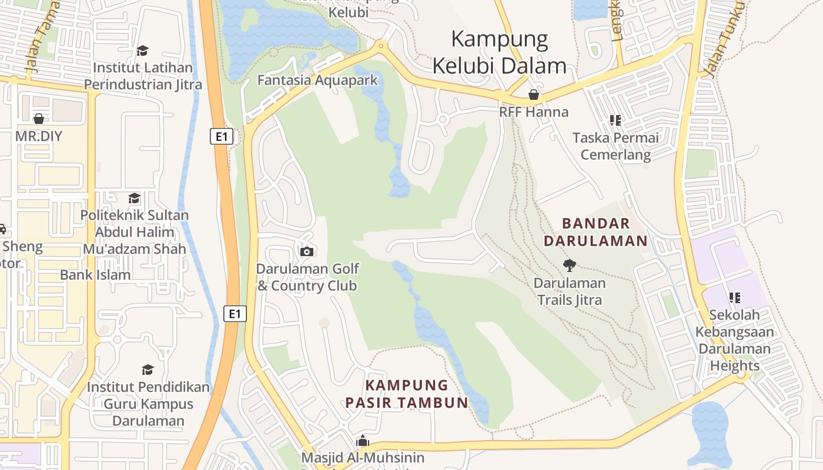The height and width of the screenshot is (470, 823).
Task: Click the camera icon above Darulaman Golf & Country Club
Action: pyautogui.click(x=307, y=251)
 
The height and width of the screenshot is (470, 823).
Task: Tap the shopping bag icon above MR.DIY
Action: pyautogui.click(x=39, y=119)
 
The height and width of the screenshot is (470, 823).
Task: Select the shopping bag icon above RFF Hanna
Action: pyautogui.click(x=534, y=95)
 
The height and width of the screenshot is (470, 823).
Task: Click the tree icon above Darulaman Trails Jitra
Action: pyautogui.click(x=569, y=265)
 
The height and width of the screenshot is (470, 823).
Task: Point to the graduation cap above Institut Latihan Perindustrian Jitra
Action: pyautogui.click(x=142, y=51)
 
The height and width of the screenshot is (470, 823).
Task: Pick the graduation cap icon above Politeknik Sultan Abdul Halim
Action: pyautogui.click(x=135, y=198)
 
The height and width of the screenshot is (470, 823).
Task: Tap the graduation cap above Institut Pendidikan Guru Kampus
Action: pyautogui.click(x=148, y=370)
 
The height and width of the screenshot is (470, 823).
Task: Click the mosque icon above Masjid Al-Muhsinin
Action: pyautogui.click(x=363, y=441)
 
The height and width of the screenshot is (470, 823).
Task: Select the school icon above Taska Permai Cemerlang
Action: pyautogui.click(x=615, y=121)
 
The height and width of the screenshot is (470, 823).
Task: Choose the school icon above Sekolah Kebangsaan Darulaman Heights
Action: pyautogui.click(x=734, y=298)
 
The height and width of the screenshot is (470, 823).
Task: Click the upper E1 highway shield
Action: pyautogui.click(x=222, y=137)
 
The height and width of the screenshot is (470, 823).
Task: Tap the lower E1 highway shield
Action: pyautogui.click(x=235, y=314)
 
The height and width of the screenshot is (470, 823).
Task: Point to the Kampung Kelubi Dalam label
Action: pyautogui.click(x=500, y=52)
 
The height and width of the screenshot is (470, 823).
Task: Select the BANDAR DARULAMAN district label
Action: pyautogui.click(x=595, y=232)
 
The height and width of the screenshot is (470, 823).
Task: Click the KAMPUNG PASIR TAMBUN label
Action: pyautogui.click(x=407, y=394)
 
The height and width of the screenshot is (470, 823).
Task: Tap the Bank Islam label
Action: pyautogui.click(x=95, y=274)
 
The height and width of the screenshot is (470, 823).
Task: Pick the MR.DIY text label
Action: pyautogui.click(x=39, y=136)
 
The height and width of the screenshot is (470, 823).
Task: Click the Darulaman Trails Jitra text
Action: pyautogui.click(x=569, y=291)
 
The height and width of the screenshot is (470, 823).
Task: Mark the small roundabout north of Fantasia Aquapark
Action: pyautogui.click(x=381, y=45)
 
